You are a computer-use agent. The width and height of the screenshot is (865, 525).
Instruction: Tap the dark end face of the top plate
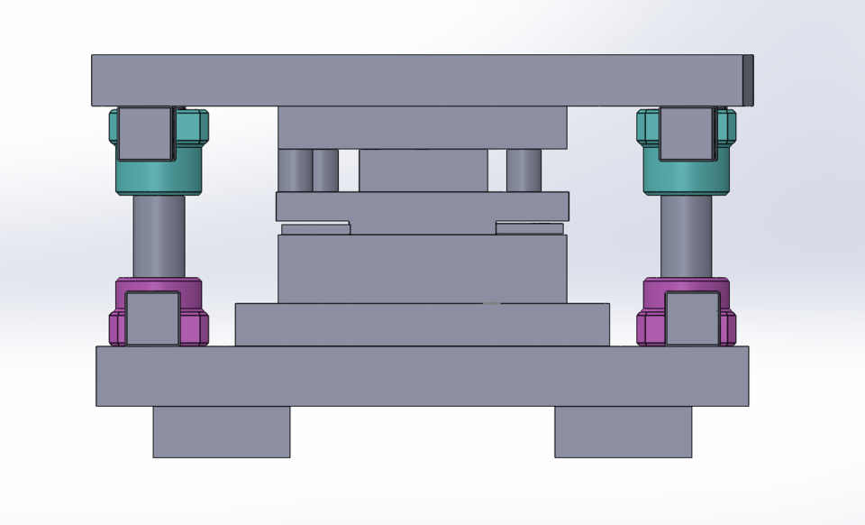(x=748, y=80)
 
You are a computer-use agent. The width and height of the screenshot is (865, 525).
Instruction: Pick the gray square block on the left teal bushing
(x=144, y=134)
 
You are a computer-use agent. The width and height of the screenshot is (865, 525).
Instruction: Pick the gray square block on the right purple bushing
(x=692, y=318)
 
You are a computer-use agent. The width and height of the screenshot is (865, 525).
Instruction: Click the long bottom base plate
(x=422, y=376)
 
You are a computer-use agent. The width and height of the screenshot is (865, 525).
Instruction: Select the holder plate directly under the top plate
(x=422, y=127)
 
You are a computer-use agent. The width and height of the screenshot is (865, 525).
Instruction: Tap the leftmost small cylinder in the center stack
(x=294, y=170)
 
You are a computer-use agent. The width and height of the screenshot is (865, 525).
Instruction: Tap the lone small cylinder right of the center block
(x=524, y=170)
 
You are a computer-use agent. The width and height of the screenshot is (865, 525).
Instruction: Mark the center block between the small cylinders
(x=423, y=170)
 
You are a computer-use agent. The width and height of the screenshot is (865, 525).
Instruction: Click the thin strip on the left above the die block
(x=314, y=229)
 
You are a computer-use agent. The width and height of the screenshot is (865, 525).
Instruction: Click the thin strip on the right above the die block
(x=529, y=228)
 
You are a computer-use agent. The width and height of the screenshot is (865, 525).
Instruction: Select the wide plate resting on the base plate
(x=422, y=325)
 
